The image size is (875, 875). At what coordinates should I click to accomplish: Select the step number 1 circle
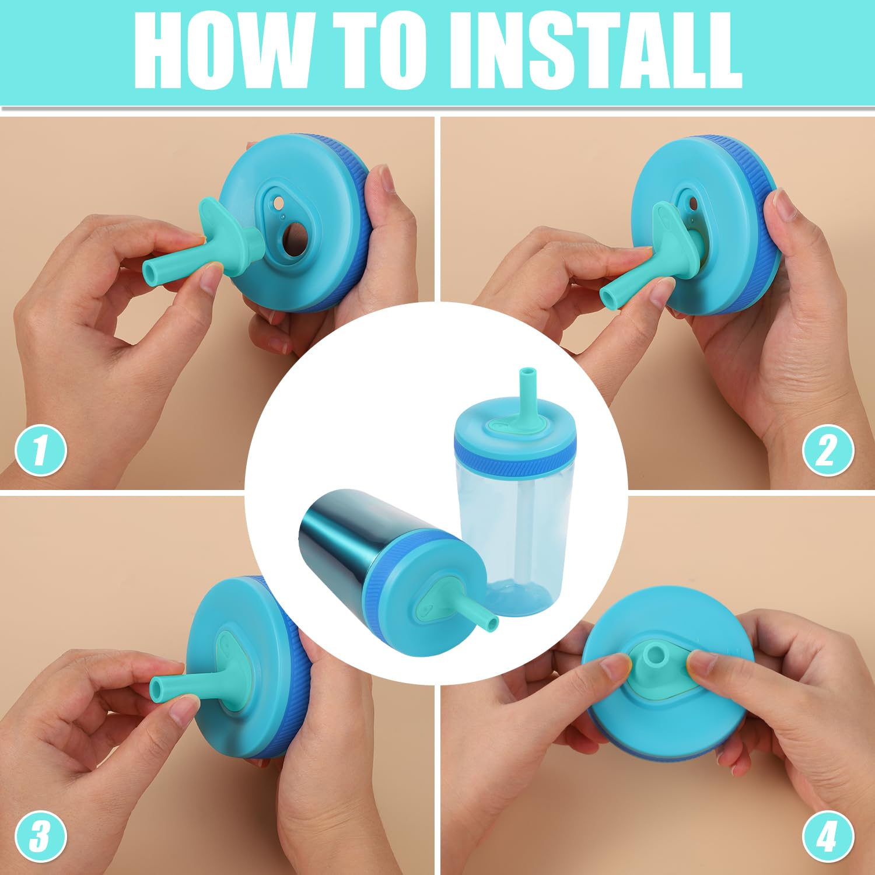(40, 450)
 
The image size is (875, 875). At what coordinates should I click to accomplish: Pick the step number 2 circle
(828, 450)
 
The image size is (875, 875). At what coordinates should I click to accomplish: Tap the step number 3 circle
(40, 836)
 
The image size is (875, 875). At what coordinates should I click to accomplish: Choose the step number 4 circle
(828, 836)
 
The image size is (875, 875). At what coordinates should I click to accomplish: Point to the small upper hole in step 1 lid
(279, 202)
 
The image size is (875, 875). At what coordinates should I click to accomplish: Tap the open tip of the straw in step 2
(608, 296)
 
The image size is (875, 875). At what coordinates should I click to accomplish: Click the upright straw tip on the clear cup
(526, 372)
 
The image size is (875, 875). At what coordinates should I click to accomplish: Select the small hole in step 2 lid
(693, 204)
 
